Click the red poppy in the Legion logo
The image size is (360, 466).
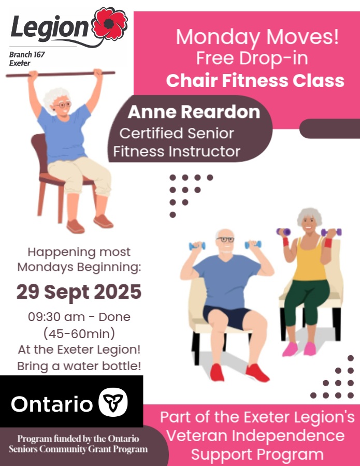[x=109, y=24]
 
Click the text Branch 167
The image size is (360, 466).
[x=27, y=54]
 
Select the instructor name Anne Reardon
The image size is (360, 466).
[x=194, y=112]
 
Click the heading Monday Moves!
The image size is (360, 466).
[x=257, y=37]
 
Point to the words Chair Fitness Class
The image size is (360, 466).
[x=255, y=80]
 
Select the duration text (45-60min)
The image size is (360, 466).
[x=79, y=333]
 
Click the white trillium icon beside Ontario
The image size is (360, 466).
[x=113, y=402]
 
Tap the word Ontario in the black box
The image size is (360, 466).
[x=52, y=404]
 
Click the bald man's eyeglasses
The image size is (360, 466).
[x=225, y=239]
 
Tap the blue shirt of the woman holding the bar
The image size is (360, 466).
[x=64, y=134]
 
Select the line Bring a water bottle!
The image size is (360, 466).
[x=79, y=366]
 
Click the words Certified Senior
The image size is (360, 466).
[x=177, y=133]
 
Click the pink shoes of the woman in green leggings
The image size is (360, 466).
[x=299, y=348]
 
